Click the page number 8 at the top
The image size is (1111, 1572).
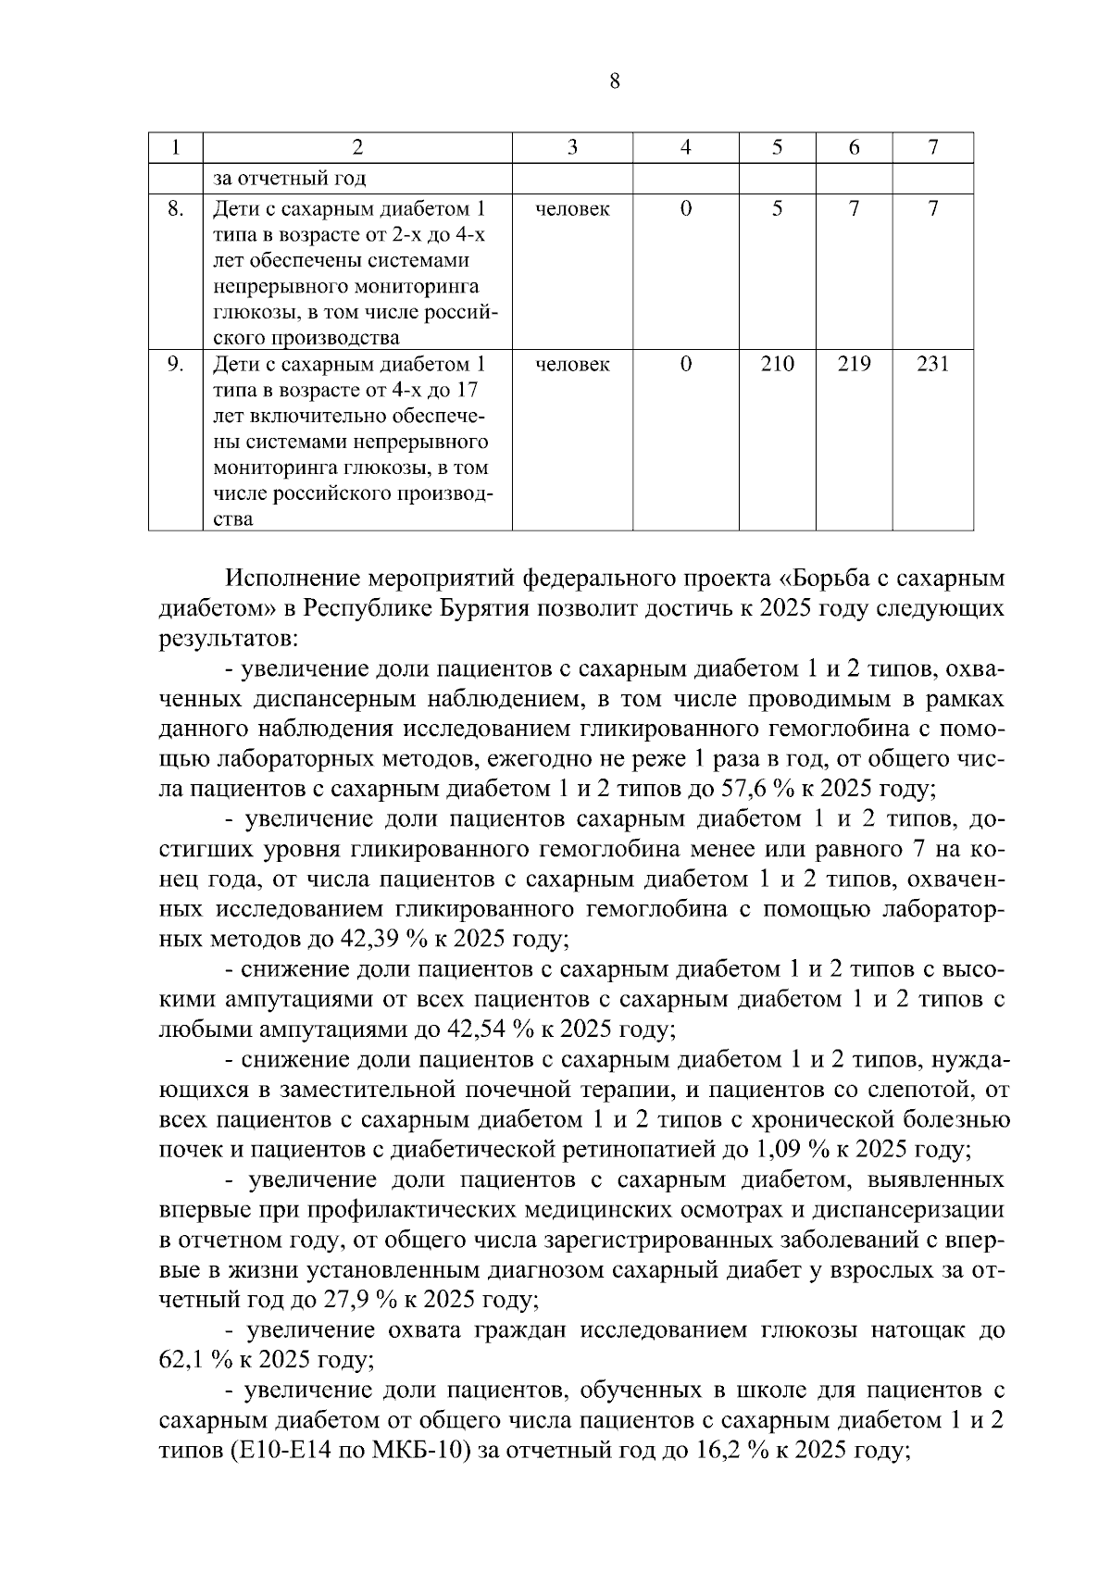615,82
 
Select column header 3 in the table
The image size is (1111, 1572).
572,147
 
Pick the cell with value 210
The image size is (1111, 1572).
777,364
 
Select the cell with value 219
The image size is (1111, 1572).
853,364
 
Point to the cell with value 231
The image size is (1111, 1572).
932,364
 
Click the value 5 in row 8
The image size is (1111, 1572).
777,208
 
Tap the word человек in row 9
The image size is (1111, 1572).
572,365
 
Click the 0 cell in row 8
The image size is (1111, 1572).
685,208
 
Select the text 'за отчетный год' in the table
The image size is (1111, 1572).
290,179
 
